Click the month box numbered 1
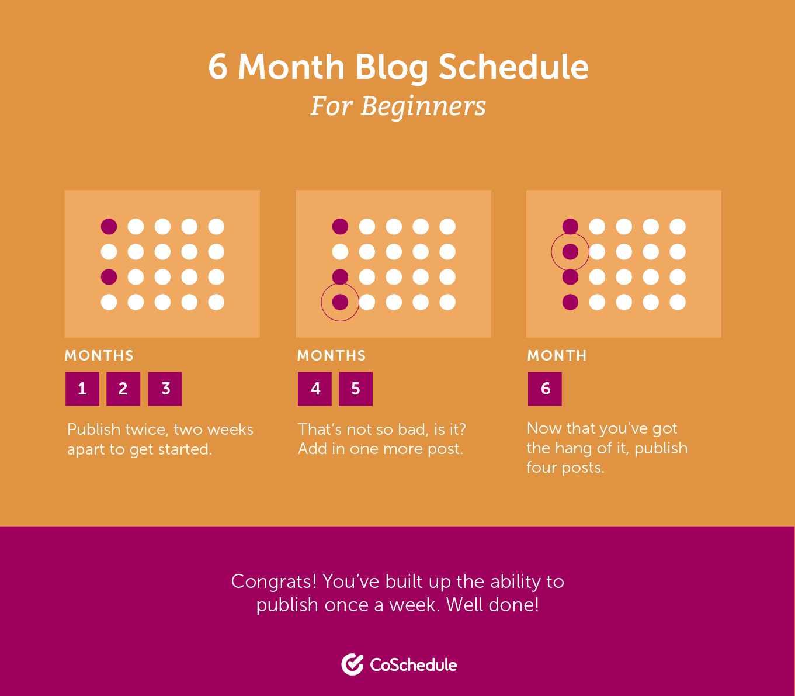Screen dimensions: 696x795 [x=82, y=389]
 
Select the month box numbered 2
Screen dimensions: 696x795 [x=123, y=389]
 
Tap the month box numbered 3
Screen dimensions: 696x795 [x=165, y=389]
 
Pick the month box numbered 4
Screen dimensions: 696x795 [x=315, y=389]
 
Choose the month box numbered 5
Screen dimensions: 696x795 [x=356, y=389]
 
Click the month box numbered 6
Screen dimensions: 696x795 [x=545, y=389]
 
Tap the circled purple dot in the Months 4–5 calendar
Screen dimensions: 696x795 [x=340, y=302]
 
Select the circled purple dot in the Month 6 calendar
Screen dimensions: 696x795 [x=570, y=252]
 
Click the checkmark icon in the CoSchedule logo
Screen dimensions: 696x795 [x=352, y=664]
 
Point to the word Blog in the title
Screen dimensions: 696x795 [x=392, y=67]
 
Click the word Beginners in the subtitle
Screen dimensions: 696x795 [x=423, y=106]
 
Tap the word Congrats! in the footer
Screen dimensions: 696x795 [x=274, y=581]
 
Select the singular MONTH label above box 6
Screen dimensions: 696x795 [x=557, y=355]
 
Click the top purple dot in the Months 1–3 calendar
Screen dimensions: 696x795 [x=109, y=226]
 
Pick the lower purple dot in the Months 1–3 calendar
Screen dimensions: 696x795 [x=109, y=276]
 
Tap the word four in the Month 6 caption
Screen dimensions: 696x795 [x=541, y=468]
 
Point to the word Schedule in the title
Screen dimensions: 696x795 [x=513, y=67]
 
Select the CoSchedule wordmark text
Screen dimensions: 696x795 [x=414, y=665]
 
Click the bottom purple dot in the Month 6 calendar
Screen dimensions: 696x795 [x=570, y=302]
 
